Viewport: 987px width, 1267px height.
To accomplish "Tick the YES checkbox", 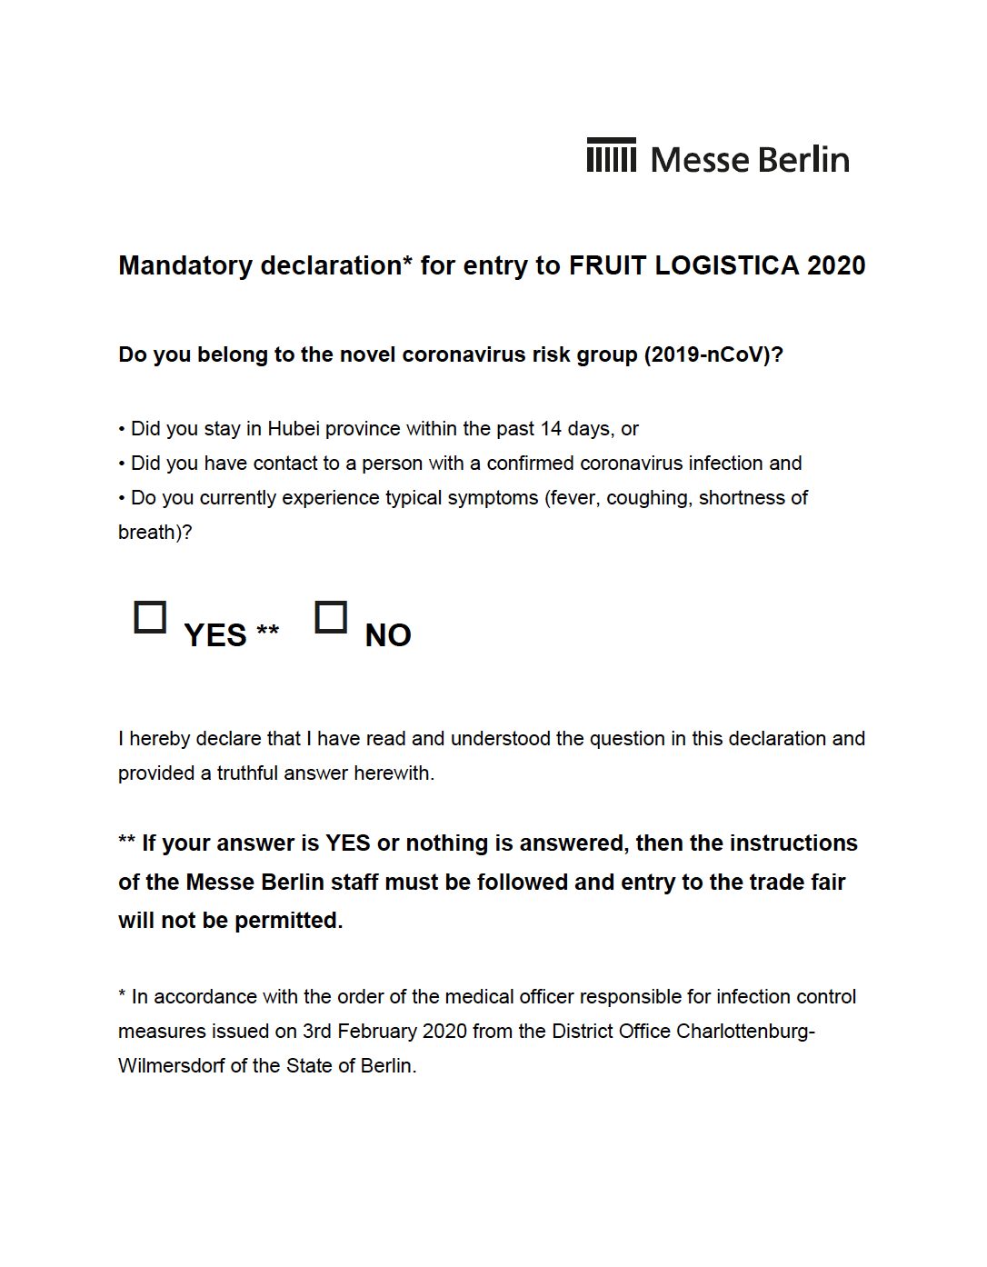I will point(150,617).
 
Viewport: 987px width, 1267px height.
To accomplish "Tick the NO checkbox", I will point(331,617).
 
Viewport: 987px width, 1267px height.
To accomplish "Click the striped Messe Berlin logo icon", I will point(611,155).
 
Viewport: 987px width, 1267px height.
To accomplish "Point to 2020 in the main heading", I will point(836,265).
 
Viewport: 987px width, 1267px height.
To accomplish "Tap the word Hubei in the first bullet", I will point(293,429).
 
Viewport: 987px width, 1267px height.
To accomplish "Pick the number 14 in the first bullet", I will point(551,429).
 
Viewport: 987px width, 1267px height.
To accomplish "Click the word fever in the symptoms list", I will point(573,498).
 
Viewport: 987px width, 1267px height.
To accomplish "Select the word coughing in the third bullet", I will point(647,498).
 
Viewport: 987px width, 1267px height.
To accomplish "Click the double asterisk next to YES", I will point(267,630).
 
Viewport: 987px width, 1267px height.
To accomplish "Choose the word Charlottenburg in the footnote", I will point(744,1032).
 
